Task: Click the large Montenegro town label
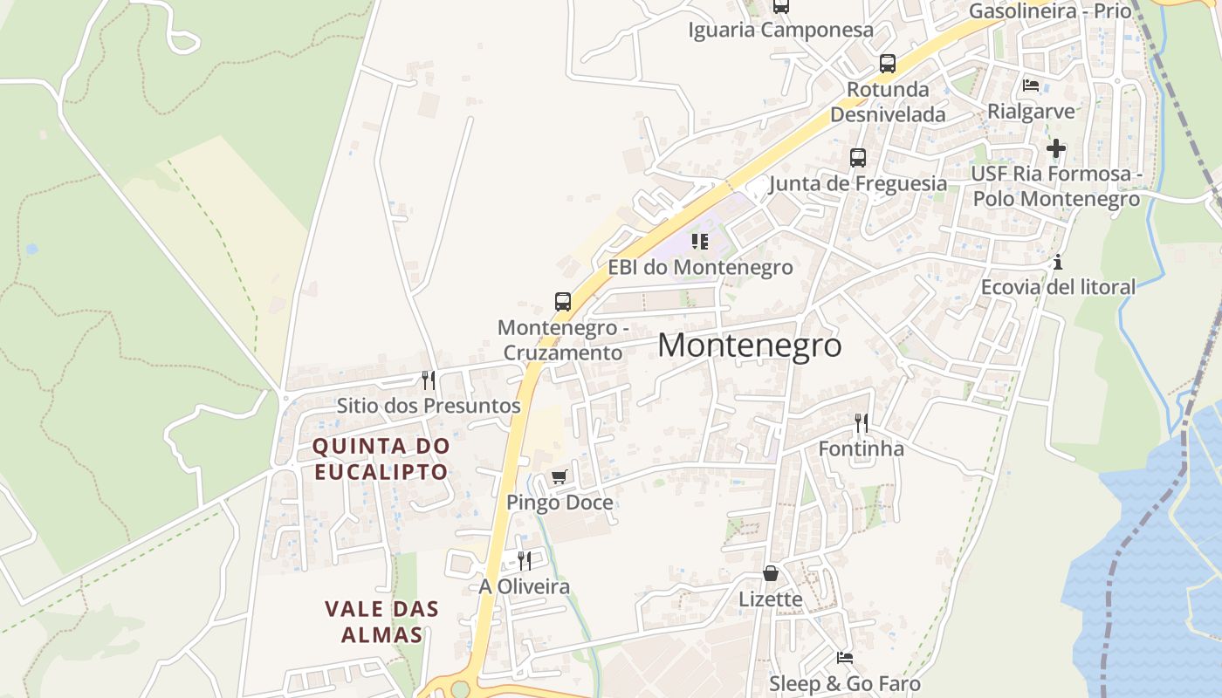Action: click(749, 346)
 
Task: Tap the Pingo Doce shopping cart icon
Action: click(560, 476)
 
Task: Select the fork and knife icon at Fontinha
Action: click(862, 423)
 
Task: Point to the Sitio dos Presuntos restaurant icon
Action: click(429, 380)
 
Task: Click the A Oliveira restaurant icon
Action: click(525, 560)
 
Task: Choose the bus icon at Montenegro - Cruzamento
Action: click(563, 302)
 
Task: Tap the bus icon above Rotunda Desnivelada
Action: click(888, 64)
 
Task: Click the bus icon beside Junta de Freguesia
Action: click(858, 158)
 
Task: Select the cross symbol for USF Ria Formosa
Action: click(1056, 148)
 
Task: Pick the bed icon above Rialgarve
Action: click(1031, 86)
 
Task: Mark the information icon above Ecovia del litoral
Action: click(1058, 262)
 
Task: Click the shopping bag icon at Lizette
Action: click(771, 573)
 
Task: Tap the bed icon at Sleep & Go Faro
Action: click(844, 658)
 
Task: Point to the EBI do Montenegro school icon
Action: click(699, 242)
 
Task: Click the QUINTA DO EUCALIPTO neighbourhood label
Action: click(381, 459)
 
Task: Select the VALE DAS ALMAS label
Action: click(381, 621)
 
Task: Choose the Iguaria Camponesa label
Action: click(780, 31)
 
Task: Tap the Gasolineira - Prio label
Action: click(1050, 11)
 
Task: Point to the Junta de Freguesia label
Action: click(858, 183)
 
